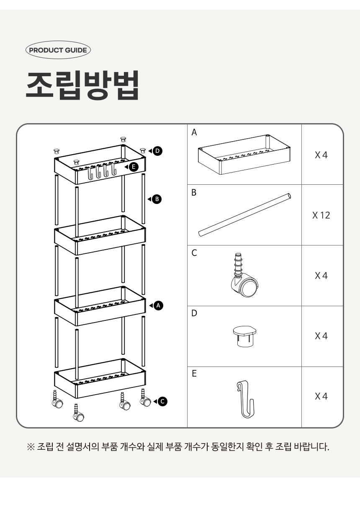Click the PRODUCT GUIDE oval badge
click(58, 50)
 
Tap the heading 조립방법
click(82, 85)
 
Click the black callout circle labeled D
click(157, 151)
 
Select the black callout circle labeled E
click(134, 167)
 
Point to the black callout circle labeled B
click(157, 199)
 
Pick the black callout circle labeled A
click(159, 305)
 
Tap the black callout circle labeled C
click(163, 401)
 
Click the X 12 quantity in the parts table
click(321, 215)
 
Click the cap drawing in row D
click(244, 336)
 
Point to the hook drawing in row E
click(245, 399)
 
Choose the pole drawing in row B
click(245, 215)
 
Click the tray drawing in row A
click(244, 155)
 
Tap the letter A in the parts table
click(194, 132)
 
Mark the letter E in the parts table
click(194, 374)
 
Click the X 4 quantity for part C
click(321, 276)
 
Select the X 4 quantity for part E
click(321, 396)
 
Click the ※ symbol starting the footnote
click(31, 447)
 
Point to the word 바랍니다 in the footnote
click(311, 447)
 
